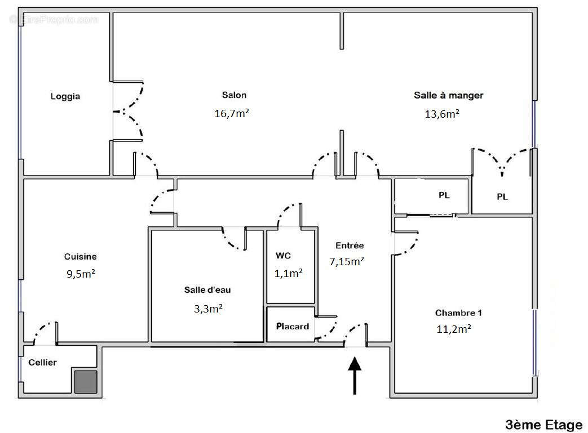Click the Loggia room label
pos(65,96)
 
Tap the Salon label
pos(234,95)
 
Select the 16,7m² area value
pos(232,114)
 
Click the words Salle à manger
pos(448,95)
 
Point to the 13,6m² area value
pos(441,114)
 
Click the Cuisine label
pos(80,257)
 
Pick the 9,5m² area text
pos(81,275)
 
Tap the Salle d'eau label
pos(207,290)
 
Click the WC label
pos(283,256)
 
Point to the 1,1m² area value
pos(289,273)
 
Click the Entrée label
pos(350,245)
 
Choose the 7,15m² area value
pos(346,261)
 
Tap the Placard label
pos(292,326)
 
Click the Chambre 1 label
pos(458,313)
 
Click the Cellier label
pos(43,363)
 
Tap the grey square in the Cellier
pos(86,381)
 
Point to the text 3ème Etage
pos(543,424)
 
